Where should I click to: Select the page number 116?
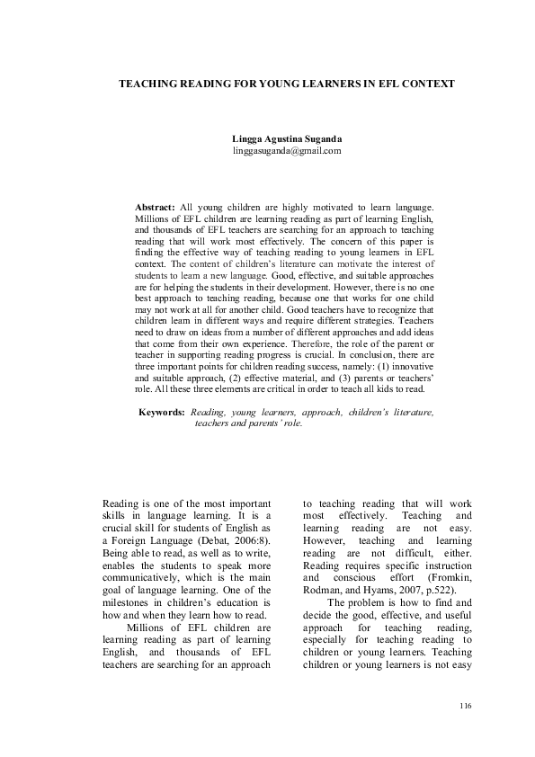(x=465, y=707)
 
